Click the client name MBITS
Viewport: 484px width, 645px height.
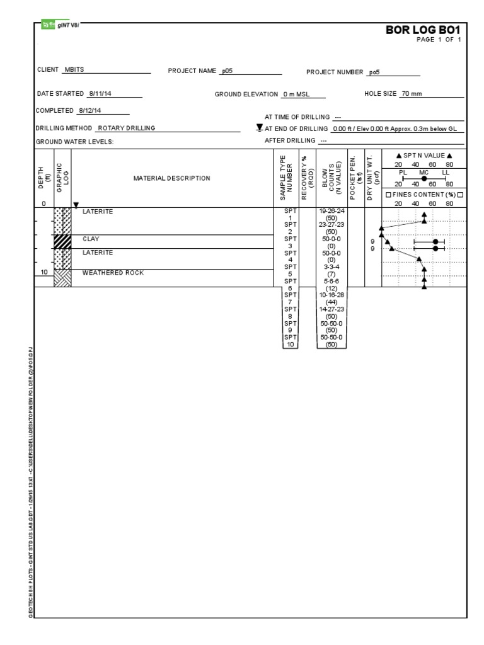point(75,70)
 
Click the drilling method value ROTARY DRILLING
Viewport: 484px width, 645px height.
point(126,128)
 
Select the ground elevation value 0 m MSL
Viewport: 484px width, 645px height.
point(294,94)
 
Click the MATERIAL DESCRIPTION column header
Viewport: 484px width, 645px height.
point(171,178)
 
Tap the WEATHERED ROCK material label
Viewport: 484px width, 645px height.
point(113,273)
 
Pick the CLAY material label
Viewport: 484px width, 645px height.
point(91,239)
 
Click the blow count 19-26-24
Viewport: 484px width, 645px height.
point(331,212)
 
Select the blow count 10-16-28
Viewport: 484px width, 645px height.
point(331,295)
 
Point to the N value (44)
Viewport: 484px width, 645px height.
point(331,302)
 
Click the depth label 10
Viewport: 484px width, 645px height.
point(43,273)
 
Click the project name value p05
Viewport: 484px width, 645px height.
point(227,71)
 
